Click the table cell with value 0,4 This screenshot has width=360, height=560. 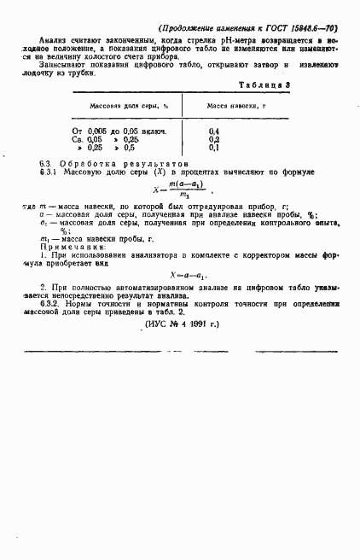[214, 130]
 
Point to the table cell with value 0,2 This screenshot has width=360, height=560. [214, 138]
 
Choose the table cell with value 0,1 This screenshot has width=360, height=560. [214, 147]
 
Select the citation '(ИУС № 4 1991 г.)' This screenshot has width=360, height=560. [183, 324]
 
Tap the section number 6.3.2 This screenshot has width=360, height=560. [50, 304]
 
